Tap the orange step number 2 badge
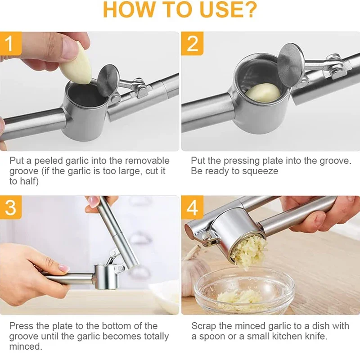pyautogui.click(x=192, y=44)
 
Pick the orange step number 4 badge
pyautogui.click(x=192, y=208)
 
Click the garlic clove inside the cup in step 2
pyautogui.click(x=263, y=92)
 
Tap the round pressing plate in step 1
pyautogui.click(x=108, y=80)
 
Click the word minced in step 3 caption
pyautogui.click(x=25, y=347)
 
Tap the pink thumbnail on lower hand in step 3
pyautogui.click(x=63, y=269)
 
